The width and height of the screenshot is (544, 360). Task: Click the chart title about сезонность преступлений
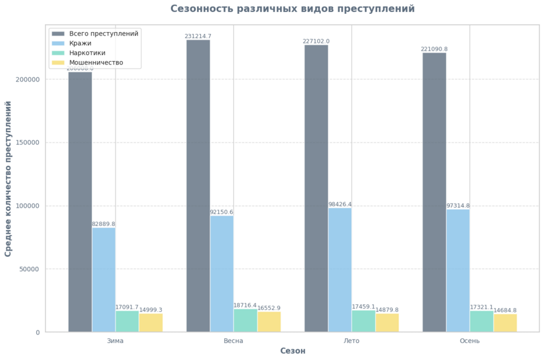[293, 9]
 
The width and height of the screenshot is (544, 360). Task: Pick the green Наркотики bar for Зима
[127, 321]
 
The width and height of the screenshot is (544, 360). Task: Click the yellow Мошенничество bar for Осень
[505, 323]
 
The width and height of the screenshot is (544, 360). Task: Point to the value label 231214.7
[198, 36]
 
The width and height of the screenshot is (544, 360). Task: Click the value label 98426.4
[340, 204]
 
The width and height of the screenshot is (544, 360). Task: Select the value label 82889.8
[103, 224]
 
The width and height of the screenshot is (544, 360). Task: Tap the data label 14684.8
[505, 310]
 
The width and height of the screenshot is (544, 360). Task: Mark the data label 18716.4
[245, 305]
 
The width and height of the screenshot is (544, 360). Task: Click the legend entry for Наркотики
[87, 53]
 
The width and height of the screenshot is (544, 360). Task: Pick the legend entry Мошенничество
[96, 63]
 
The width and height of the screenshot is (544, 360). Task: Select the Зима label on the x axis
[115, 341]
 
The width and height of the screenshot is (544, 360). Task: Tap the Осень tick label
[470, 341]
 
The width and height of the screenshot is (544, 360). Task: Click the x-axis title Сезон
[293, 351]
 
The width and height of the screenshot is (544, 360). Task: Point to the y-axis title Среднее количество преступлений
[8, 179]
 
